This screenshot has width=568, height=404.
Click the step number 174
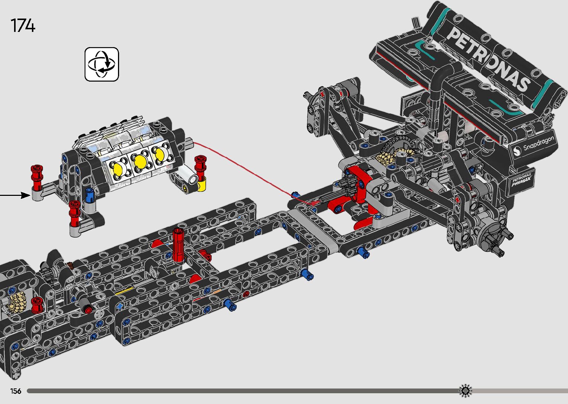point(23,25)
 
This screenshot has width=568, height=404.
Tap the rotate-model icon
point(102,64)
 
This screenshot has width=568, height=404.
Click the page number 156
point(16,391)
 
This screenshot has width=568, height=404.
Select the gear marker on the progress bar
point(465,391)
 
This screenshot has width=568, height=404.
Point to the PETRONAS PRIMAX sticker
point(521,180)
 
